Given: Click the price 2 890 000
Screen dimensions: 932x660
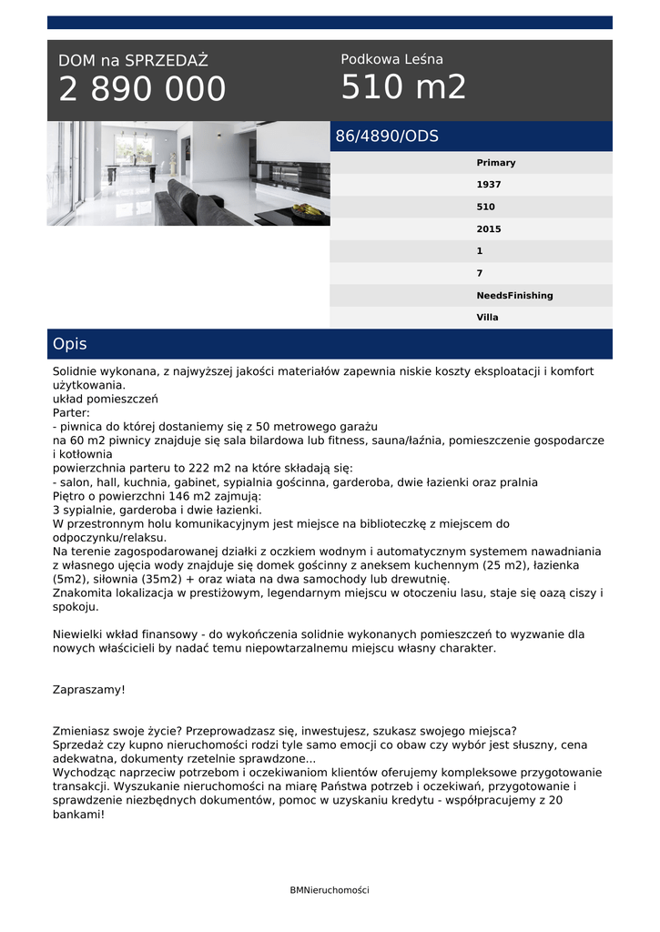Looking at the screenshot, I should tap(142, 89).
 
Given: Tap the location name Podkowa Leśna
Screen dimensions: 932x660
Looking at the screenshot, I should tap(391, 59).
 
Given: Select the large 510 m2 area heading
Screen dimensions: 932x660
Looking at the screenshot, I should tap(403, 87).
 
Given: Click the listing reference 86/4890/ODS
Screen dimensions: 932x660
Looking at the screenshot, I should tap(387, 137).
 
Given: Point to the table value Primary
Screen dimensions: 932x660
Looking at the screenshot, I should tap(495, 163).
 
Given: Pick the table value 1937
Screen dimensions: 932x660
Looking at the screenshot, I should tap(488, 185).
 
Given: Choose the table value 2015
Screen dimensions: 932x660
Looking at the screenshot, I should tap(488, 229).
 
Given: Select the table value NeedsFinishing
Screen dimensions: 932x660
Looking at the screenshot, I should tap(514, 296).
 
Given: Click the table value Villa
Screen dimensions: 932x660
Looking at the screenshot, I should tap(487, 318).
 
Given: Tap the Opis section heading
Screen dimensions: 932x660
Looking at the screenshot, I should tap(70, 344).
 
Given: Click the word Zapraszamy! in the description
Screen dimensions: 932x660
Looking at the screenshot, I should tap(88, 690).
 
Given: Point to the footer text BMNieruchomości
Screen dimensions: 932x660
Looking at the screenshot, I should tap(330, 890).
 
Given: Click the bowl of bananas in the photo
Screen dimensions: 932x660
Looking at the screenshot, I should tap(308, 211).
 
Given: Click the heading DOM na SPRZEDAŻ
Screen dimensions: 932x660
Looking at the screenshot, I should tap(133, 61).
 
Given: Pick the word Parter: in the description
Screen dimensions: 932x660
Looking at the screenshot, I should tap(71, 412).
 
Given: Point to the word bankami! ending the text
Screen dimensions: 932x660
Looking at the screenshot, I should tap(78, 815).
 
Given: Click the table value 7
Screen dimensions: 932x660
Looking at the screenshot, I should tap(480, 273).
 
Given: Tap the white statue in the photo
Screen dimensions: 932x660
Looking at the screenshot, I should tap(169, 164).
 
